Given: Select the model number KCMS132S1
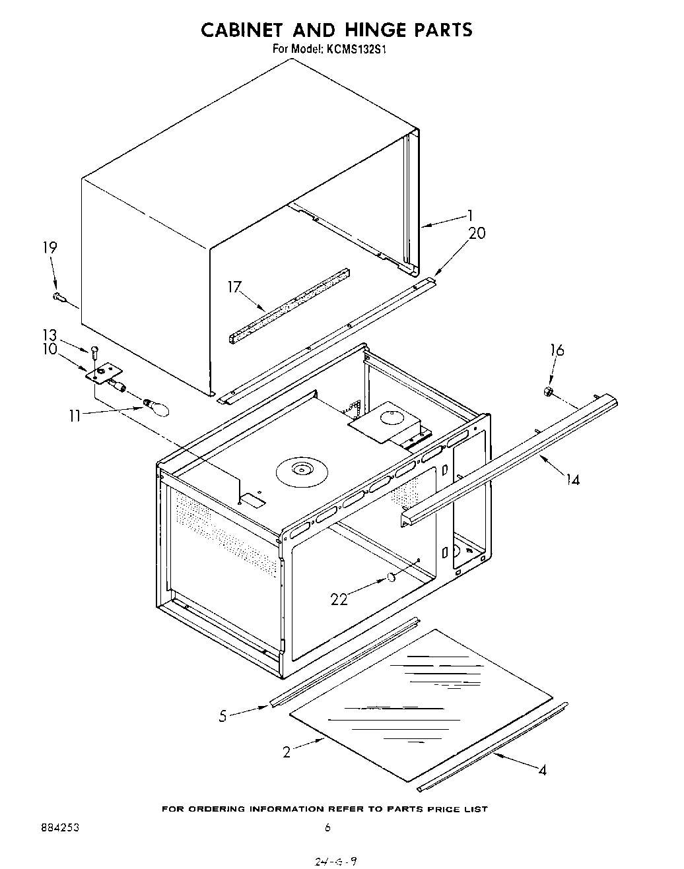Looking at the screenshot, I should coord(357,48).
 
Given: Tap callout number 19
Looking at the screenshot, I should coord(50,247).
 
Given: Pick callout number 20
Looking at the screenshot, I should coord(477,232).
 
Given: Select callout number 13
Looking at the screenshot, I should coord(50,335).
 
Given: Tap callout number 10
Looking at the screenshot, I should coord(50,349).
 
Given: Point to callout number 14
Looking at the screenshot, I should coord(572,480).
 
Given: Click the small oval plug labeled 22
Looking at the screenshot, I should coord(390,578).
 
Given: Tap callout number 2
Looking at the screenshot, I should coord(287,752).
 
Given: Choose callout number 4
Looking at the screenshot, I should coord(542,769).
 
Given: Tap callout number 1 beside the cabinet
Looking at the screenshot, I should coord(469,214).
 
